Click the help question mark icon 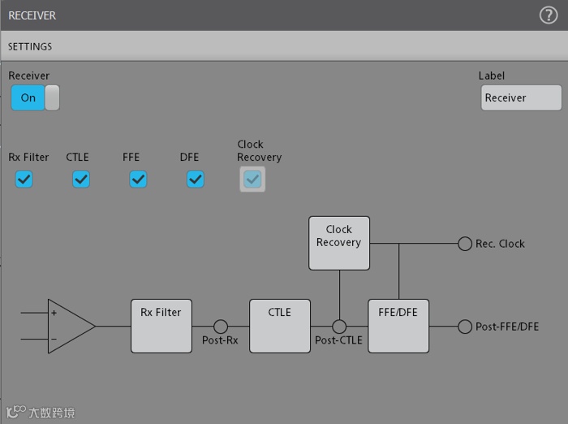coord(549,15)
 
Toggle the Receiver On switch coord(35,97)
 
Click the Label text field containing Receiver coord(520,97)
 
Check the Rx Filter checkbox coord(24,180)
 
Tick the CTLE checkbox coord(81,180)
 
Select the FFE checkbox coord(138,180)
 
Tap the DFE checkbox coord(196,180)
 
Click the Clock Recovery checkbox coord(252,180)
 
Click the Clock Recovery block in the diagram coord(339,242)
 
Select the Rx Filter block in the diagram coord(161,326)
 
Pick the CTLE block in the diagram coord(280,326)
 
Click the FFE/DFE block coord(398,326)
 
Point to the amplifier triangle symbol coord(69,327)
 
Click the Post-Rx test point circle coord(221,327)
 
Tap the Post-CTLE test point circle coord(339,327)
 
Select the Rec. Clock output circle coord(465,244)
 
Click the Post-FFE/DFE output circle coord(465,327)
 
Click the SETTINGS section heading coord(30,47)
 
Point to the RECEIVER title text coord(32,15)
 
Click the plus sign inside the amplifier coord(54,313)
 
